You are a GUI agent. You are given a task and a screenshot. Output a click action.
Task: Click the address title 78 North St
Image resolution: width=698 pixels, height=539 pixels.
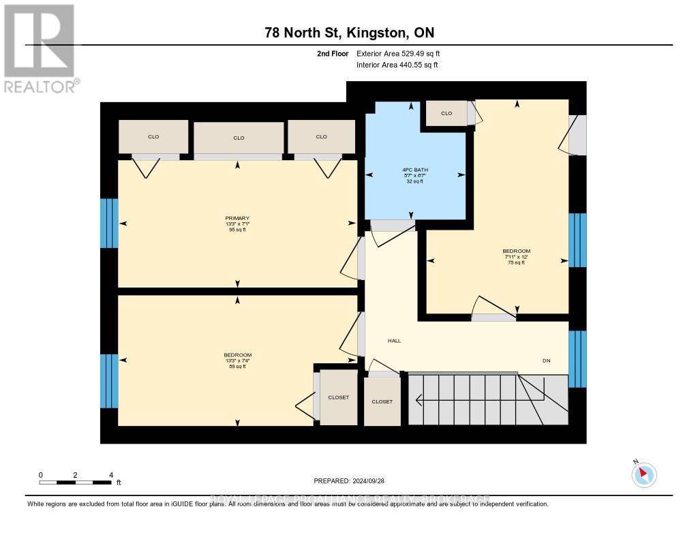(x=349, y=33)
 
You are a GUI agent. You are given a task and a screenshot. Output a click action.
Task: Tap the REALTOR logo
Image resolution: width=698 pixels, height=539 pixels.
(x=40, y=48)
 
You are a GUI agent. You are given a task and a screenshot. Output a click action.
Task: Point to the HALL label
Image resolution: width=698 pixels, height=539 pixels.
(x=394, y=341)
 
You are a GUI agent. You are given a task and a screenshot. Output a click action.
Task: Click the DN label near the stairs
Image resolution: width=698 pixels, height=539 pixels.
(x=546, y=360)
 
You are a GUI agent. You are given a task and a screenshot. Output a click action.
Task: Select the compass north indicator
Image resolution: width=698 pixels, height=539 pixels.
(x=643, y=474)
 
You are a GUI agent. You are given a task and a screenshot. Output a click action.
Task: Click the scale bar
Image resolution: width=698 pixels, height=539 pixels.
(x=76, y=482)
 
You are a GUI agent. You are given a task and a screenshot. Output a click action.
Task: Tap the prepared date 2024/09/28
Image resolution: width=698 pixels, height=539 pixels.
(x=348, y=480)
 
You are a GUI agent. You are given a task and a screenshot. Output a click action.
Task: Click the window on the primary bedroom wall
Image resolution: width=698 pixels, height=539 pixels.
(x=109, y=223)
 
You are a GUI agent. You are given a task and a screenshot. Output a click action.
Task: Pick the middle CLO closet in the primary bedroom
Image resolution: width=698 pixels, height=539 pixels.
(x=239, y=138)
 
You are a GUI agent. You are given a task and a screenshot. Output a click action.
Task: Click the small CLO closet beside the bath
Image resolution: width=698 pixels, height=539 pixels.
(x=446, y=113)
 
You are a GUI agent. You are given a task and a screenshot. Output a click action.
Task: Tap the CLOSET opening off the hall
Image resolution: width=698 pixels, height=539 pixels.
(x=382, y=401)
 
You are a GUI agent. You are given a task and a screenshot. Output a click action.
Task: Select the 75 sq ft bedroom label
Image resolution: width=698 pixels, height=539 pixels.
(x=515, y=256)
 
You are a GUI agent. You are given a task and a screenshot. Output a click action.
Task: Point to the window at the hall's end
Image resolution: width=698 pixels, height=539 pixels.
(x=577, y=358)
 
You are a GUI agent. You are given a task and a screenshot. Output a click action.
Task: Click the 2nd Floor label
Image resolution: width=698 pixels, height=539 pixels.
(x=333, y=54)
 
